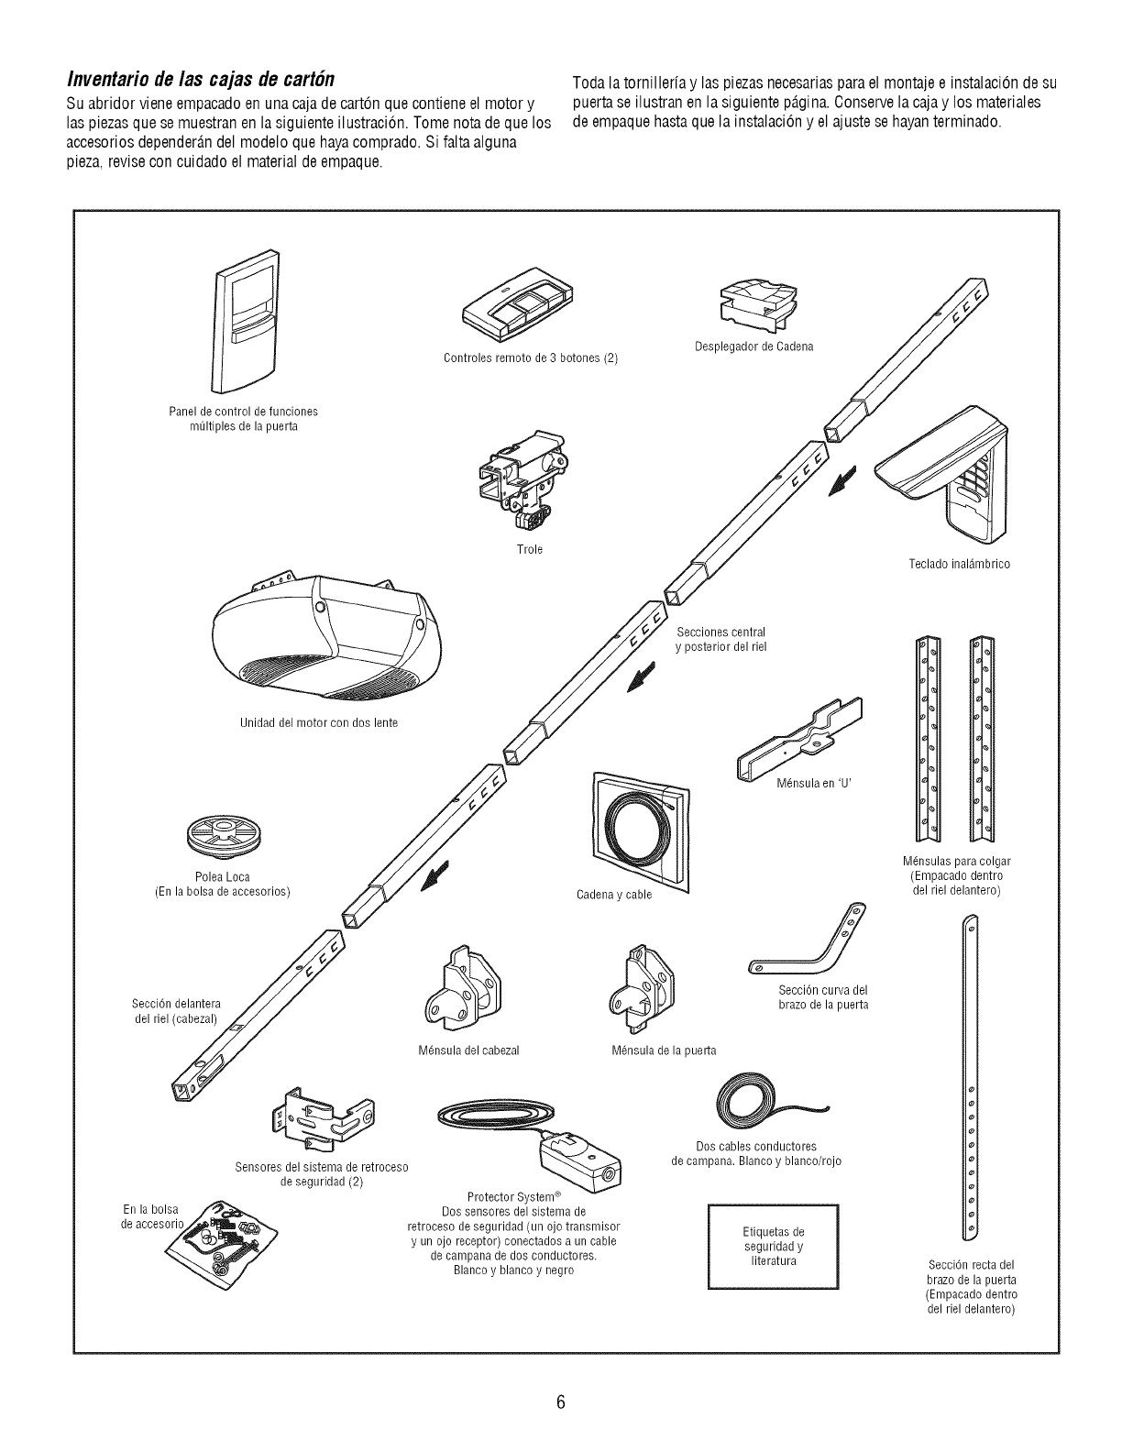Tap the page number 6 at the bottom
[x=561, y=1402]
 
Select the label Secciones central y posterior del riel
[x=720, y=640]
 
